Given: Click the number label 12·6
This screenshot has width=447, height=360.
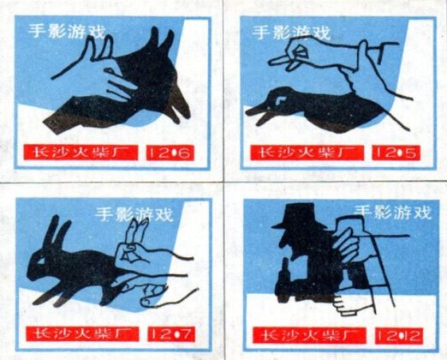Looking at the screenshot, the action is tap(170, 153).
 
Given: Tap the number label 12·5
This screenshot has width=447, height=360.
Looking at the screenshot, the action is tap(396, 153).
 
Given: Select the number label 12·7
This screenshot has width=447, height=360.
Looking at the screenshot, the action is tap(171, 334).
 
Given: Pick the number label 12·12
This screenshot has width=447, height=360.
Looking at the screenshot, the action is tap(399, 336).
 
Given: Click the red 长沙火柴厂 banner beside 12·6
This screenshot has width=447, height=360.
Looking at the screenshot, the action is tap(80, 153).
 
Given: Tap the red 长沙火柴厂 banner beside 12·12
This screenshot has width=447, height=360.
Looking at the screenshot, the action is tap(309, 335).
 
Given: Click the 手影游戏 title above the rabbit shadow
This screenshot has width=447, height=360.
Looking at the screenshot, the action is tap(134, 214).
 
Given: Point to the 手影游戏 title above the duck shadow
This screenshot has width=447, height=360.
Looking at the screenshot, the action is tap(291, 32).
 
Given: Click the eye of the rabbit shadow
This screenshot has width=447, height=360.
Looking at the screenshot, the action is tap(42, 261).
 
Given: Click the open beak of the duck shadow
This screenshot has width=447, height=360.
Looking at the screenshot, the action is tap(258, 114).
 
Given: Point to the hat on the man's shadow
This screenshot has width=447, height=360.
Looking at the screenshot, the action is tap(299, 215).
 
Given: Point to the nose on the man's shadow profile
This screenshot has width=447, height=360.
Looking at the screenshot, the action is tap(281, 243).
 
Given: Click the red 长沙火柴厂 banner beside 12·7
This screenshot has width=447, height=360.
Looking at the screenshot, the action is tap(82, 334).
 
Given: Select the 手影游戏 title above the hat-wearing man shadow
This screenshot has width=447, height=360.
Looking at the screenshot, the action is tap(393, 213).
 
